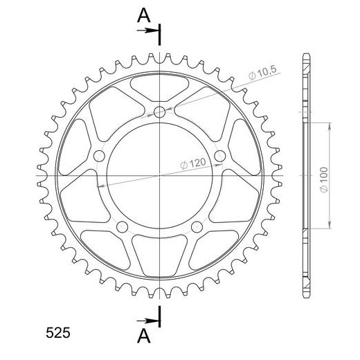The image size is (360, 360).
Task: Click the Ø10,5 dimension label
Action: tap(262, 73)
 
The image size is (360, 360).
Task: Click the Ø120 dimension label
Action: tap(192, 164)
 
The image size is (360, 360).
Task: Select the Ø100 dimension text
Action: tap(324, 180)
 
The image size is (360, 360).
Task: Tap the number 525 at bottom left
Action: tap(57, 333)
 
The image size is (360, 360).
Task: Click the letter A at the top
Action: tap(144, 15)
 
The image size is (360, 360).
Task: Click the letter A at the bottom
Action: tap(144, 336)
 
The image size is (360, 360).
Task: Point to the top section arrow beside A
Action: tap(147, 30)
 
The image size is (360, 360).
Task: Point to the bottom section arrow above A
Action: tap(147, 321)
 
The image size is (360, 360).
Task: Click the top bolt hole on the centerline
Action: tap(159, 112)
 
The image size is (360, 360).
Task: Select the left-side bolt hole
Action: tap(99, 156)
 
